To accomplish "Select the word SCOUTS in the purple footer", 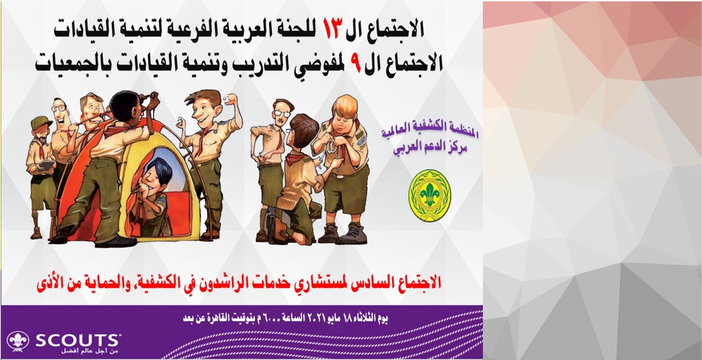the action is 77,341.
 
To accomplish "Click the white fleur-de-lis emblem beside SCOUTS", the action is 18,341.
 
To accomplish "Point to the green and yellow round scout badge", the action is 429,195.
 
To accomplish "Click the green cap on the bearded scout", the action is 41,122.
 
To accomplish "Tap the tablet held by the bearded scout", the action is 47,166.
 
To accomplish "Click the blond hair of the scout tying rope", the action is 344,106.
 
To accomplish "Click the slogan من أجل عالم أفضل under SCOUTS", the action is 90,351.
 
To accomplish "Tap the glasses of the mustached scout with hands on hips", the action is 282,114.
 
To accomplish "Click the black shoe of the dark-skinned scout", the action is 116,242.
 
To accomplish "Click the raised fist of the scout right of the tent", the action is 231,98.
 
